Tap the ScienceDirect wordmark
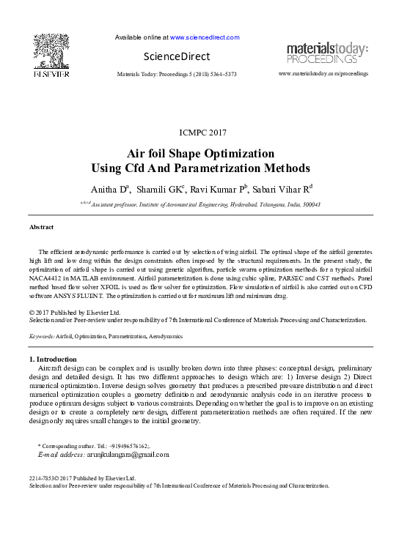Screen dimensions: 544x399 pyautogui.click(x=176, y=56)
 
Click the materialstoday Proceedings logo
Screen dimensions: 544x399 pyautogui.click(x=327, y=53)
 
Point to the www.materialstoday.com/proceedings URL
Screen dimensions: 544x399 pyautogui.click(x=323, y=74)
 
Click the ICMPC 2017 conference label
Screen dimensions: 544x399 pyautogui.click(x=203, y=133)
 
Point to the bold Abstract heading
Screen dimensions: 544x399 pyautogui.click(x=41, y=228)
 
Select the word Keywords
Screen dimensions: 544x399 pyautogui.click(x=41, y=335)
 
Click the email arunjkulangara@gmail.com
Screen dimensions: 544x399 pyautogui.click(x=130, y=454)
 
